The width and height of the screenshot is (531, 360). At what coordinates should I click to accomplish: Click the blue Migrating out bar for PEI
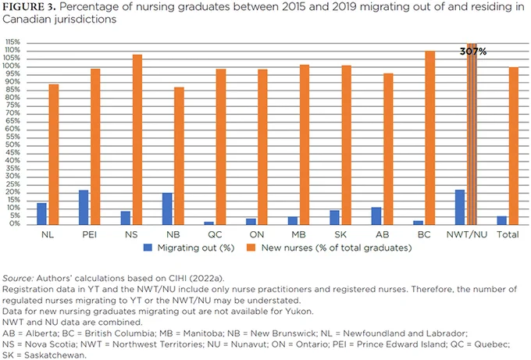tap(84, 207)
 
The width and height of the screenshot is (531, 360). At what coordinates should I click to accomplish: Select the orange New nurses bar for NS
tap(137, 140)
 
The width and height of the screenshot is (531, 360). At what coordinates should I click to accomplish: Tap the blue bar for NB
tap(167, 209)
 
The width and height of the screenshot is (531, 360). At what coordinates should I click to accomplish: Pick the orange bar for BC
tap(429, 138)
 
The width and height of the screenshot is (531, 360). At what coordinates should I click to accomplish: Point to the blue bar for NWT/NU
tap(460, 207)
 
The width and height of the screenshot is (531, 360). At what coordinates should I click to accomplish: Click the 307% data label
tap(473, 52)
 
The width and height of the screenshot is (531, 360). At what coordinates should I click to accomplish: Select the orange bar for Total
tap(513, 146)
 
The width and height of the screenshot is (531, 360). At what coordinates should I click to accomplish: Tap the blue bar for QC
tap(209, 223)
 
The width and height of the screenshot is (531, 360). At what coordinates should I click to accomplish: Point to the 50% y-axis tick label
tap(12, 145)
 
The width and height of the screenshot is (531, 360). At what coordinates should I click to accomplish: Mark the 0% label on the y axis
tap(15, 224)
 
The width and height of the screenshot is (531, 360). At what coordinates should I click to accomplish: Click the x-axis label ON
tap(257, 234)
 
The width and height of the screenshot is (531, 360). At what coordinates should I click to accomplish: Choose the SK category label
tap(340, 234)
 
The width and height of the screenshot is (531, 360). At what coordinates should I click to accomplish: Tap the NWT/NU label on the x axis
tap(467, 234)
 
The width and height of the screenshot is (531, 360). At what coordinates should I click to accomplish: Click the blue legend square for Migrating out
tap(148, 248)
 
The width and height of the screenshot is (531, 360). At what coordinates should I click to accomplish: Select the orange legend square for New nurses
tap(251, 248)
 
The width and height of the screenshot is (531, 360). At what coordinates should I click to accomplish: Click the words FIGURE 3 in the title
tap(29, 7)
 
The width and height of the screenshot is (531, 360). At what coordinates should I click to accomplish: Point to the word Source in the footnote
tap(18, 278)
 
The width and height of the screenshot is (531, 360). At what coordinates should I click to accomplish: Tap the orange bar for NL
tap(54, 155)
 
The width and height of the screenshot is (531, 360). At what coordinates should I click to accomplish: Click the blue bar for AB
tap(376, 216)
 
